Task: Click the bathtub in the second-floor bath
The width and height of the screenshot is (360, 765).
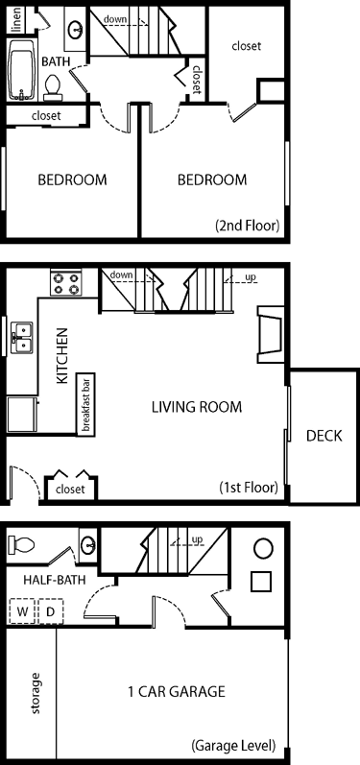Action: [21, 69]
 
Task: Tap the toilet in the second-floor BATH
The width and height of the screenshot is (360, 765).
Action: [52, 87]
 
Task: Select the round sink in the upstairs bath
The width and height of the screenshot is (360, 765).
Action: [76, 30]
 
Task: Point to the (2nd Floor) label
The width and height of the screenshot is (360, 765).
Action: [248, 226]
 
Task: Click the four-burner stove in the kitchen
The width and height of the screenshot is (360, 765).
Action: [65, 283]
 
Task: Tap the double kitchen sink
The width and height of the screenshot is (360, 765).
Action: [22, 337]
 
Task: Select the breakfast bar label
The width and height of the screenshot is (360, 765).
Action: [85, 404]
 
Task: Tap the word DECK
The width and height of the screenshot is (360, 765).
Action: [324, 436]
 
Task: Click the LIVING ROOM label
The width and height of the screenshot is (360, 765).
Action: [197, 406]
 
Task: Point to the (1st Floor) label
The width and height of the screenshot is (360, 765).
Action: [249, 487]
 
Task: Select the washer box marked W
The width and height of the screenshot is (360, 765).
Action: [22, 610]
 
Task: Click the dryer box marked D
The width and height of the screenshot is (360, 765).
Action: [51, 610]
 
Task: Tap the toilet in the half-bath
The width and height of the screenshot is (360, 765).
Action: [21, 544]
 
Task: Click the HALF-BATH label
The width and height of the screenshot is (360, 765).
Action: [55, 580]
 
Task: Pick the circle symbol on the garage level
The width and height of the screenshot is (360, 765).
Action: [263, 549]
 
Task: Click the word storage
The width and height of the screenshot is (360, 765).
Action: [36, 693]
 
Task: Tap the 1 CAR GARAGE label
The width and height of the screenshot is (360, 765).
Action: [176, 691]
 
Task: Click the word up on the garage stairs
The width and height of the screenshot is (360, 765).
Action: [198, 539]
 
